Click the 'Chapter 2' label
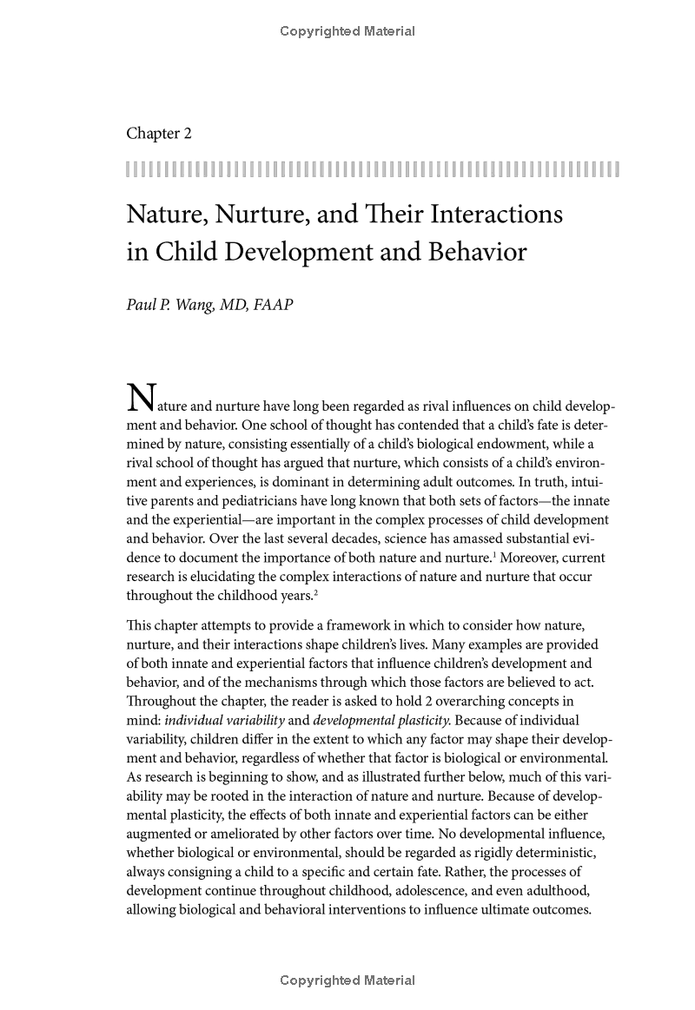159,134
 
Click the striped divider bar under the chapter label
373,168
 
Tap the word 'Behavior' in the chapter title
476,252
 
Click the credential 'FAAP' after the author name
273,307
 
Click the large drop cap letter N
141,399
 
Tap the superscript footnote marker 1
496,552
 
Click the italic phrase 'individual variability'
224,720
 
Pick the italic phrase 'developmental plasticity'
381,720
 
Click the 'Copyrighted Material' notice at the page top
347,31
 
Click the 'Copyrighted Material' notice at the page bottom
347,980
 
